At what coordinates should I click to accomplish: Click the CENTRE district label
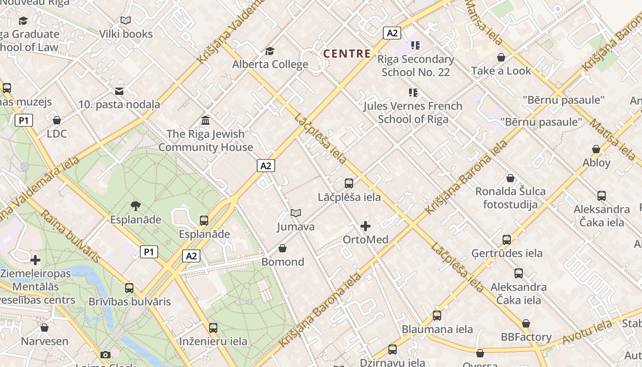[347, 54]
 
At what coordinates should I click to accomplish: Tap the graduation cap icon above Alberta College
[270, 51]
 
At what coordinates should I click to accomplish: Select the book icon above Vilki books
[126, 20]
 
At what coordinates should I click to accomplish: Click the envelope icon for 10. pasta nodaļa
[119, 91]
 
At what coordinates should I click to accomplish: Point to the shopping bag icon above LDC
[57, 120]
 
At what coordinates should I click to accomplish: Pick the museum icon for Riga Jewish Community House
[206, 121]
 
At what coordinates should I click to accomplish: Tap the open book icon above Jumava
[296, 213]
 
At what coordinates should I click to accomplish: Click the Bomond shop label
[282, 262]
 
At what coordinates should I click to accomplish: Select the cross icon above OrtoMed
[365, 226]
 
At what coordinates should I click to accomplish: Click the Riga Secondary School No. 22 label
[415, 66]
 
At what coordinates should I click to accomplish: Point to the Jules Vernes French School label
[413, 112]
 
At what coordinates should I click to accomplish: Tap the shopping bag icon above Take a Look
[501, 57]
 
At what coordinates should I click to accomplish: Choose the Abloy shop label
[596, 162]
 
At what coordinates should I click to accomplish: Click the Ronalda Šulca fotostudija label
[510, 198]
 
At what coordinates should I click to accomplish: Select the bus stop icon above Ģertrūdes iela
[507, 240]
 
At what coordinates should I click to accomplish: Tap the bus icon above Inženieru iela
[213, 328]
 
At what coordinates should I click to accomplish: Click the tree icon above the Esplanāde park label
[135, 206]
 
